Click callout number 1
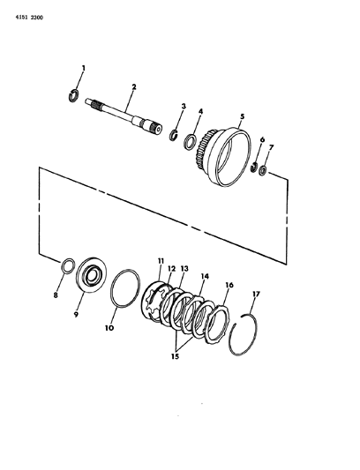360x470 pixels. tap(84, 69)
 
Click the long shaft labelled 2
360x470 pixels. tap(124, 116)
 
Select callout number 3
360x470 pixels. tap(184, 106)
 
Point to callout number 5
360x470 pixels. tap(242, 116)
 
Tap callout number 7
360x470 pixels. tap(271, 148)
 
